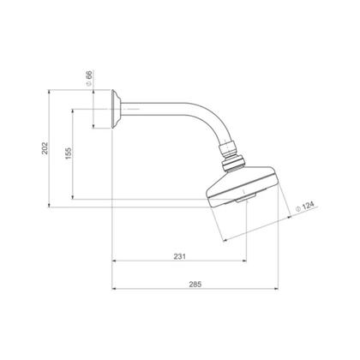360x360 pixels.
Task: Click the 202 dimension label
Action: (x=45, y=148)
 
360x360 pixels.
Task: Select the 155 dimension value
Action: (x=69, y=153)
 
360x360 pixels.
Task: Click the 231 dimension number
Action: (x=180, y=256)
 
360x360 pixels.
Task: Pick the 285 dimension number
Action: (x=195, y=285)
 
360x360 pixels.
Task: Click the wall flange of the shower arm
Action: (x=117, y=109)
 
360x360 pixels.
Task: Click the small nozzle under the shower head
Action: (x=245, y=199)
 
